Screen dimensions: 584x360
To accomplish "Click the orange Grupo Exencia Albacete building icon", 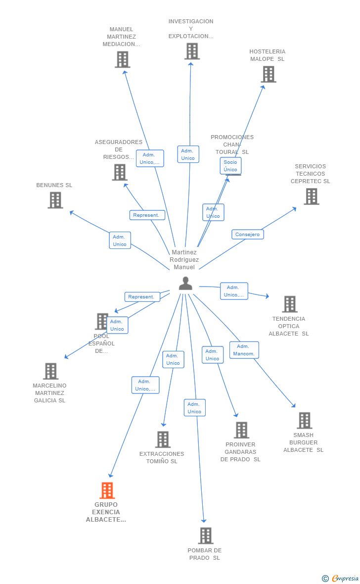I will tap(107, 490).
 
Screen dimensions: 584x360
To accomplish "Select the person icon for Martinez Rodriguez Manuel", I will tap(185, 283).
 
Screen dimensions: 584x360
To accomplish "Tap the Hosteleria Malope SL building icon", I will tap(269, 74).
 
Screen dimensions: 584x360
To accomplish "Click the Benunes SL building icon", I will tap(55, 200).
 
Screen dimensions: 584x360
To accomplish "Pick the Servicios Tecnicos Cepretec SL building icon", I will tap(312, 196).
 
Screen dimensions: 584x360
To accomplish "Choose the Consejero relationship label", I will tap(247, 235).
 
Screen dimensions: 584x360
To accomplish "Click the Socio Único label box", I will tap(230, 166).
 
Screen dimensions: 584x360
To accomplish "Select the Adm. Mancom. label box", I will tap(244, 350).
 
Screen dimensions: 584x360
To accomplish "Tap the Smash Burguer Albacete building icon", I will tap(304, 420).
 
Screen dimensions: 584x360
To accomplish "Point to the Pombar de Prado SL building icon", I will tap(206, 535).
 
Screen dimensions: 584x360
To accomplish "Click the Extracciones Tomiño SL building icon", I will tap(163, 439).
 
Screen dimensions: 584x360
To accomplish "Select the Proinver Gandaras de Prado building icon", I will tap(241, 430).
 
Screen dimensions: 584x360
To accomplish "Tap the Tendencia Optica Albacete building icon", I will tap(290, 304).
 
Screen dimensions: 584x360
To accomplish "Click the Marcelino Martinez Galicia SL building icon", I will tap(50, 371).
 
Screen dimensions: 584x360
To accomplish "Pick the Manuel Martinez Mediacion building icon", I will tap(122, 59).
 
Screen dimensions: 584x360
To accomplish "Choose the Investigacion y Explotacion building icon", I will tap(192, 51).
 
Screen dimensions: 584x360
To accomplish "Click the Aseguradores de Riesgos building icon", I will tap(120, 172).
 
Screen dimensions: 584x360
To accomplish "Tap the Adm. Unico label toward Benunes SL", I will tap(120, 241).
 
